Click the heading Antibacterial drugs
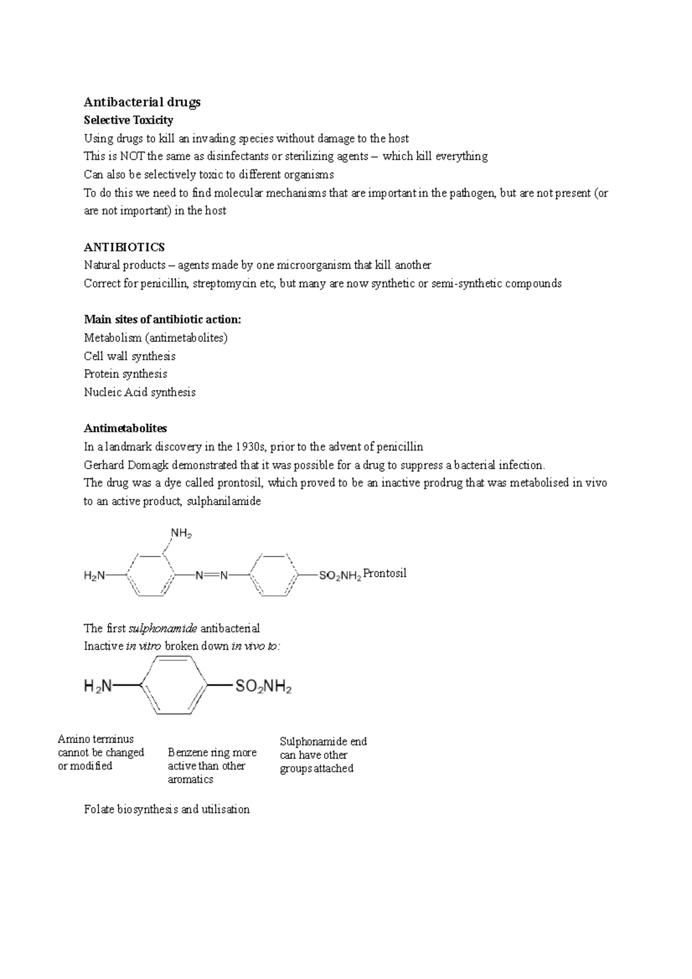click(142, 102)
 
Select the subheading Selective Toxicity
click(128, 120)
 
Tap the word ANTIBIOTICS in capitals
click(124, 247)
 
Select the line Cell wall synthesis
click(129, 356)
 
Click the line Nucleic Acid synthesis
click(140, 392)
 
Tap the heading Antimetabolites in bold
click(125, 428)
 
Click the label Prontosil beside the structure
click(385, 573)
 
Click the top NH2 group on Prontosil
click(180, 534)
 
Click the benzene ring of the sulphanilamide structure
click(174, 686)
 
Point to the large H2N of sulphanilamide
click(99, 686)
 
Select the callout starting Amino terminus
click(100, 752)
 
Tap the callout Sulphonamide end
click(322, 755)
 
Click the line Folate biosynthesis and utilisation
click(167, 809)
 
